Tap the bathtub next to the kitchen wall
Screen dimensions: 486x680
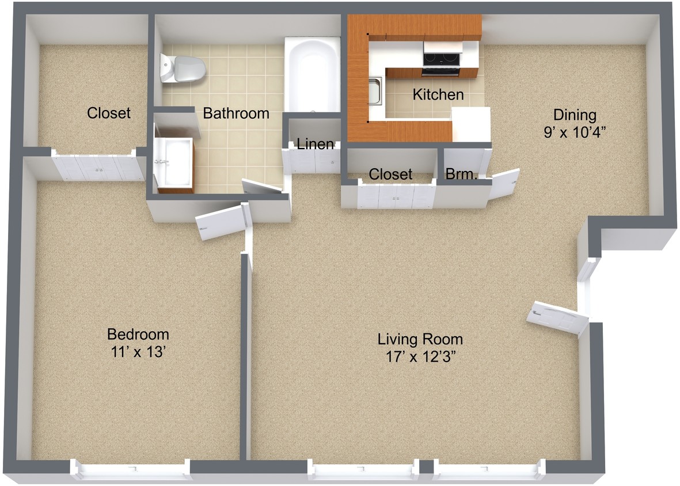coord(312,75)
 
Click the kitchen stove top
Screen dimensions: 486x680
coord(442,59)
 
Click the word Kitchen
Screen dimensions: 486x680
coord(438,94)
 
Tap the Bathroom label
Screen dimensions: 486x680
coord(236,113)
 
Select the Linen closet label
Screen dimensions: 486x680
coord(315,144)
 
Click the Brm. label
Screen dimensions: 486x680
coord(461,173)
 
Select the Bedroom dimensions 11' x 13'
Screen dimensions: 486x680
coord(138,352)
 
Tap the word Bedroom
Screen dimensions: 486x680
coord(138,334)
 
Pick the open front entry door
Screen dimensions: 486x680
coord(557,317)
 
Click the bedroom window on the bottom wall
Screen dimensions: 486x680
coord(131,469)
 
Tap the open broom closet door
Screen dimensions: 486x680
coord(503,183)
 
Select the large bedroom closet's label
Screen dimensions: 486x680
coord(108,113)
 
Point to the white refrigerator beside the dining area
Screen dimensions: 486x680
coord(470,124)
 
